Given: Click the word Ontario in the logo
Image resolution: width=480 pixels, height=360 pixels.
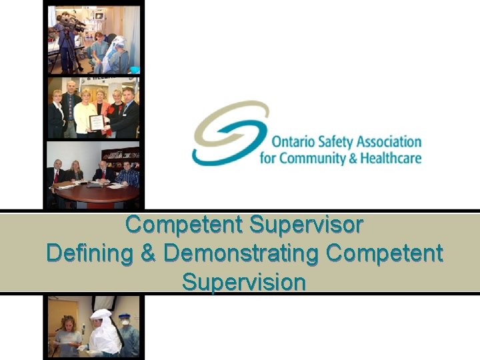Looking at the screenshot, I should click(292, 143).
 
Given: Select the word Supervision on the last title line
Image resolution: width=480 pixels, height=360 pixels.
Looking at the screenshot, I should click(244, 281).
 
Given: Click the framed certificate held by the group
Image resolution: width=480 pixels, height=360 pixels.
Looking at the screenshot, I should click(97, 123).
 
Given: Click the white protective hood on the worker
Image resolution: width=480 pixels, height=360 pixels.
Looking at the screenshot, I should click(101, 315).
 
